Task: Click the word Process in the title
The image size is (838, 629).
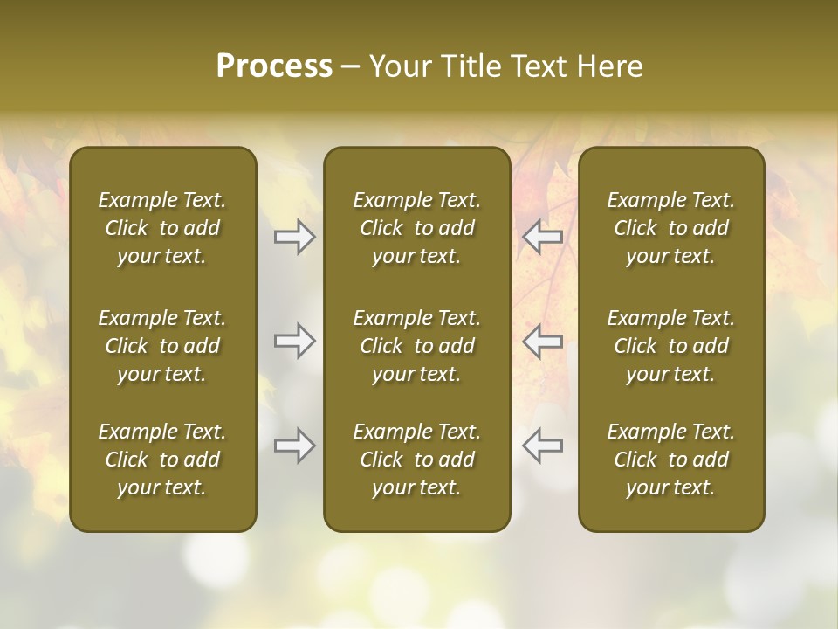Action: (x=274, y=66)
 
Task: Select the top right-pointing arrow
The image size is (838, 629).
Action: (x=294, y=238)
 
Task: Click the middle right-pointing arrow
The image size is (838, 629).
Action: (x=294, y=341)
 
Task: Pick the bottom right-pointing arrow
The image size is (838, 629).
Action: (x=294, y=446)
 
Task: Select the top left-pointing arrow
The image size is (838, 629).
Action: (x=543, y=238)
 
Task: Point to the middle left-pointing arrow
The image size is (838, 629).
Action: (x=543, y=341)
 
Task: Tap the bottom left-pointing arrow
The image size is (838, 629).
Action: (x=543, y=446)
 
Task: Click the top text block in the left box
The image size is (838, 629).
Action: (x=162, y=228)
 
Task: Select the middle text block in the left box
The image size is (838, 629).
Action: (x=162, y=346)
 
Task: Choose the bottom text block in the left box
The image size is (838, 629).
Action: (x=162, y=460)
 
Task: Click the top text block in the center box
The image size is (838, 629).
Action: (x=417, y=228)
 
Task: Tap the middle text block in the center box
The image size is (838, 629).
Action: (x=417, y=346)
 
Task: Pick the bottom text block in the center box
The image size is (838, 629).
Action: (x=417, y=460)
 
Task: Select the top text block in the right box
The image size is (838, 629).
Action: (x=671, y=228)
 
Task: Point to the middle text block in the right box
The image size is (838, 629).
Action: (x=671, y=346)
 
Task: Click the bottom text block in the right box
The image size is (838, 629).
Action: (x=671, y=460)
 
